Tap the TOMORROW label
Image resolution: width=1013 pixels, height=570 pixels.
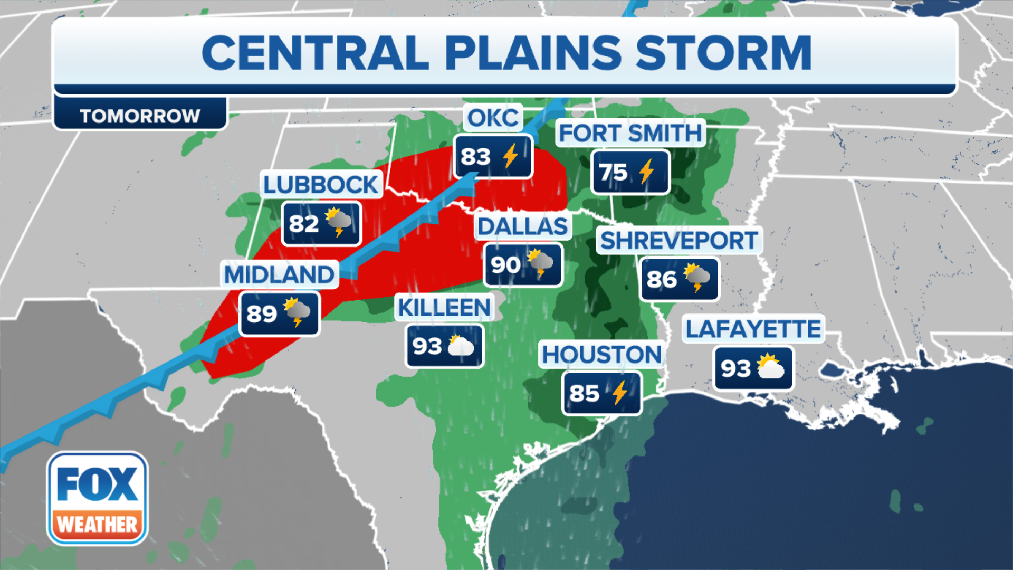[x=140, y=116]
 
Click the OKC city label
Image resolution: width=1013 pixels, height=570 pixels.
[x=493, y=118]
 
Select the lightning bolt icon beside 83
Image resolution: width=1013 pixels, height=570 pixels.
[x=510, y=156]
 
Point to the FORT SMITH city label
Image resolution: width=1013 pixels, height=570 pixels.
[x=630, y=133]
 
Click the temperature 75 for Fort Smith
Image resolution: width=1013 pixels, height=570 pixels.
[x=613, y=172]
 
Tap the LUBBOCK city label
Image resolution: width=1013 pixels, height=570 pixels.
[x=321, y=185]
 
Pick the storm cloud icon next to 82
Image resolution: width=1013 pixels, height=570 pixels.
[x=338, y=222]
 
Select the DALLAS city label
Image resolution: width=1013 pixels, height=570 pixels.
[x=522, y=226]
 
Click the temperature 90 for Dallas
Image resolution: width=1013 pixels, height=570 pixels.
[x=505, y=264]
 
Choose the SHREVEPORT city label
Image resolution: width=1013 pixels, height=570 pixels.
[x=679, y=241]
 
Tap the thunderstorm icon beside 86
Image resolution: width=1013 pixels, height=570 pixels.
[x=697, y=278]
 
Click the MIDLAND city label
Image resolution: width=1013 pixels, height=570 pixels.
[x=279, y=274]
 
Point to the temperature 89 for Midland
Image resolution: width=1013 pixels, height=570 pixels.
[x=262, y=314]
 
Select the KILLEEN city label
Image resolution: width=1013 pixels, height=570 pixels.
[x=444, y=308]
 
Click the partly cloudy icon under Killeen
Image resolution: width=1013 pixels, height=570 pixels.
[x=461, y=346]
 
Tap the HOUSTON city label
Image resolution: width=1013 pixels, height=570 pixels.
[x=601, y=355]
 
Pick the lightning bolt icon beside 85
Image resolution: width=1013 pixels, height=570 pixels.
[x=620, y=393]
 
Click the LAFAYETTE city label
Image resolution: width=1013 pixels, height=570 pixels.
[x=753, y=329]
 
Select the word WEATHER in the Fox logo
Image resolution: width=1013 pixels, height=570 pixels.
[x=98, y=525]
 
